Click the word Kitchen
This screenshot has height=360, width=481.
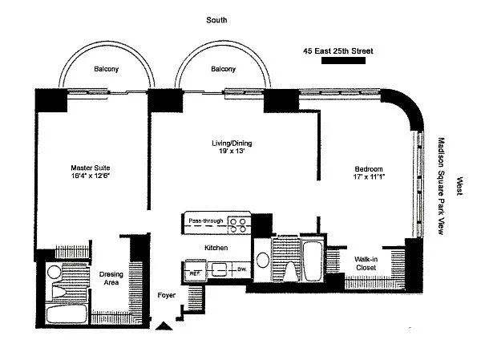pyautogui.click(x=216, y=248)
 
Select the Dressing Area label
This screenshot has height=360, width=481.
pyautogui.click(x=111, y=277)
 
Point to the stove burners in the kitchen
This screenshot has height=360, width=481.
pyautogui.click(x=239, y=224)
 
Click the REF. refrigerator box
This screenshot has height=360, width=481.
pyautogui.click(x=194, y=272)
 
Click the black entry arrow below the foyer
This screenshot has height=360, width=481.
pyautogui.click(x=164, y=325)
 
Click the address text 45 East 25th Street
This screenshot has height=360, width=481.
pyautogui.click(x=338, y=51)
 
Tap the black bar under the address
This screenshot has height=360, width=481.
pyautogui.click(x=338, y=63)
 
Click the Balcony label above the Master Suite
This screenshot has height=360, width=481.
pyautogui.click(x=106, y=70)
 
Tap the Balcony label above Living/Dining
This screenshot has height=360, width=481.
pyautogui.click(x=223, y=70)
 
